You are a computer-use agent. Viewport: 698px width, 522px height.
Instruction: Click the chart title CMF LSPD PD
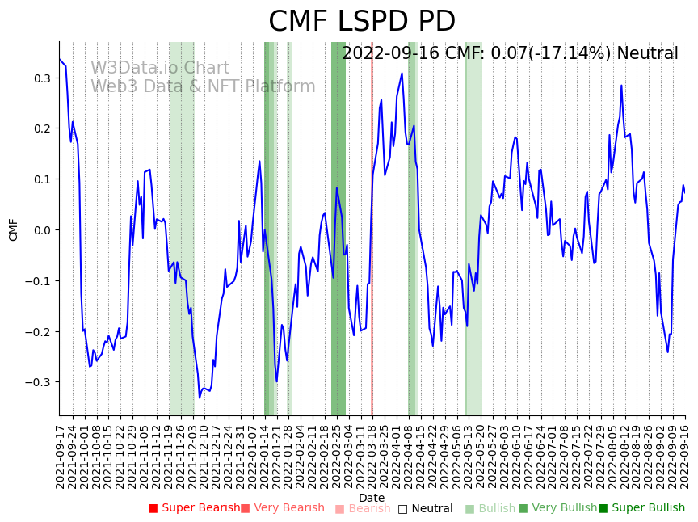click(x=361, y=22)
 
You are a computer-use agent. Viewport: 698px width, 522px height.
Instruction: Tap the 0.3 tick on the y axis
click(x=43, y=78)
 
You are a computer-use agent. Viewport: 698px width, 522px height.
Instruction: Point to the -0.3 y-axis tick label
click(x=40, y=382)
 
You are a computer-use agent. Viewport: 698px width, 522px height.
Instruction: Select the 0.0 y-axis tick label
click(x=43, y=230)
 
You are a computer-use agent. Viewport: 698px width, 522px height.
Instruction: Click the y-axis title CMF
click(x=14, y=229)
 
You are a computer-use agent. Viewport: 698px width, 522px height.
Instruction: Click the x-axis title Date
click(x=372, y=498)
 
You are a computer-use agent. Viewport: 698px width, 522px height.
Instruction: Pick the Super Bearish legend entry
click(x=194, y=508)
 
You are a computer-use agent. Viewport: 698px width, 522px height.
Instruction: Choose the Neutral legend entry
click(x=426, y=509)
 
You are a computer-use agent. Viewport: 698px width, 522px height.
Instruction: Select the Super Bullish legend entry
click(x=641, y=508)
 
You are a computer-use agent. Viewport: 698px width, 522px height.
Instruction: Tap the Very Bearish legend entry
click(x=282, y=508)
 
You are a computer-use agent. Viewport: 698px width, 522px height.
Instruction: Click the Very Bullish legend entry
click(x=557, y=508)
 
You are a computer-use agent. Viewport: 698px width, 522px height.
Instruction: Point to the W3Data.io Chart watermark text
click(x=160, y=68)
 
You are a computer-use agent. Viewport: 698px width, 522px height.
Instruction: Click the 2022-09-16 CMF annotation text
click(x=510, y=54)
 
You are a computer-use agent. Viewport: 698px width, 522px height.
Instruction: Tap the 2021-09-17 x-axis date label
click(x=61, y=457)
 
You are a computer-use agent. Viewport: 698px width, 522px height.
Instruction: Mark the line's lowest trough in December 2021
click(x=200, y=398)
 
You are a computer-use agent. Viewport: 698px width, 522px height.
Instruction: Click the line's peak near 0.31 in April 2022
click(x=402, y=74)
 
